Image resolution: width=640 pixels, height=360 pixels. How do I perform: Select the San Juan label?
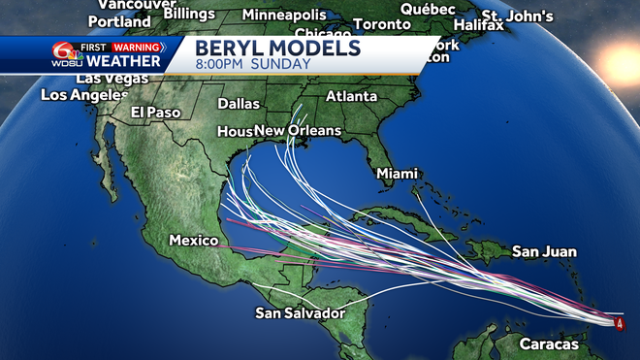(x=538, y=252)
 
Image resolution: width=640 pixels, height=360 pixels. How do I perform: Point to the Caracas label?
(x=548, y=344)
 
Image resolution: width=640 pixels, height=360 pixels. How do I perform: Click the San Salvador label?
(x=301, y=312)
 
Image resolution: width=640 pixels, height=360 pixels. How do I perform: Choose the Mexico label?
(x=191, y=239)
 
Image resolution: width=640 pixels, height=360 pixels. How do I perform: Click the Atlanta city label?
(x=351, y=96)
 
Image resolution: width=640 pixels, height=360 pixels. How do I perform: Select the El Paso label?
(x=156, y=113)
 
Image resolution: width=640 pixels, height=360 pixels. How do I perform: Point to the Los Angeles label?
(x=84, y=95)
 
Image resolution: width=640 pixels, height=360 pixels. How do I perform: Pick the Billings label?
(x=191, y=12)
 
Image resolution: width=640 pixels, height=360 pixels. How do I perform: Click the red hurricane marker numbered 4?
(x=620, y=322)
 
